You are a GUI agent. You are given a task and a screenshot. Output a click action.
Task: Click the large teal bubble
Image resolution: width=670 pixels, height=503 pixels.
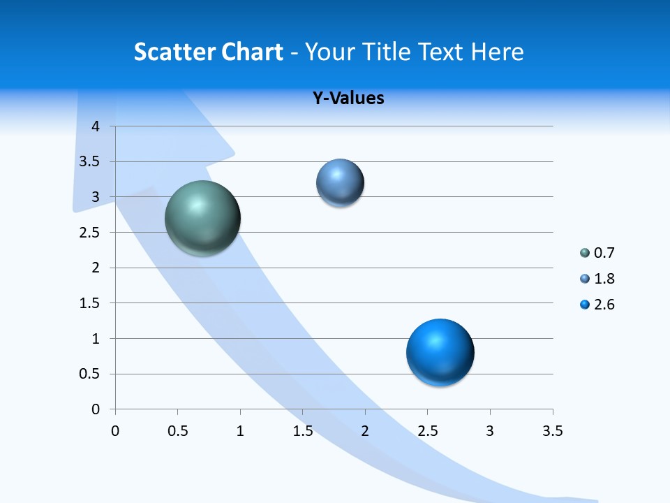(202, 218)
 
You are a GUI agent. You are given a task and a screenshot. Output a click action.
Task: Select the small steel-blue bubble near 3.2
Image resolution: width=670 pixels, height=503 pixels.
(340, 183)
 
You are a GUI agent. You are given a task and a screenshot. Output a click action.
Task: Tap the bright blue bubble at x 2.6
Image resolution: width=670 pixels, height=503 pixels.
(440, 352)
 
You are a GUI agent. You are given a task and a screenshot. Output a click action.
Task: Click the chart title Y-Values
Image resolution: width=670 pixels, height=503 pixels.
(348, 98)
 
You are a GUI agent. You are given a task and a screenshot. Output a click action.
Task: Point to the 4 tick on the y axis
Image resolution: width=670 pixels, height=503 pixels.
(96, 126)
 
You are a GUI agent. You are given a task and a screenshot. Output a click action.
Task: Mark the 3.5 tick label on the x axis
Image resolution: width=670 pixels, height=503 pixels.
(552, 431)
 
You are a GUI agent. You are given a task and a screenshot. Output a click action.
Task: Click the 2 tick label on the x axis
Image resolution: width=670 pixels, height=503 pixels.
(365, 431)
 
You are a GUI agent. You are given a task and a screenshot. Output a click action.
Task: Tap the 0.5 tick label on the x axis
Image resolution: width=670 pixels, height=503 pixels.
(177, 431)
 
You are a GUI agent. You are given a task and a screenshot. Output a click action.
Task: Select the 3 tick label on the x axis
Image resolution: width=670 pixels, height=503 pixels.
(490, 431)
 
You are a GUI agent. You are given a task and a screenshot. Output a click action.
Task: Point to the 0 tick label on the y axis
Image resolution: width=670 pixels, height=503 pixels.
(96, 409)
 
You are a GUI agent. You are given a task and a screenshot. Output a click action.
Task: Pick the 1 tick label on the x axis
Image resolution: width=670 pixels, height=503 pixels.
(240, 431)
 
